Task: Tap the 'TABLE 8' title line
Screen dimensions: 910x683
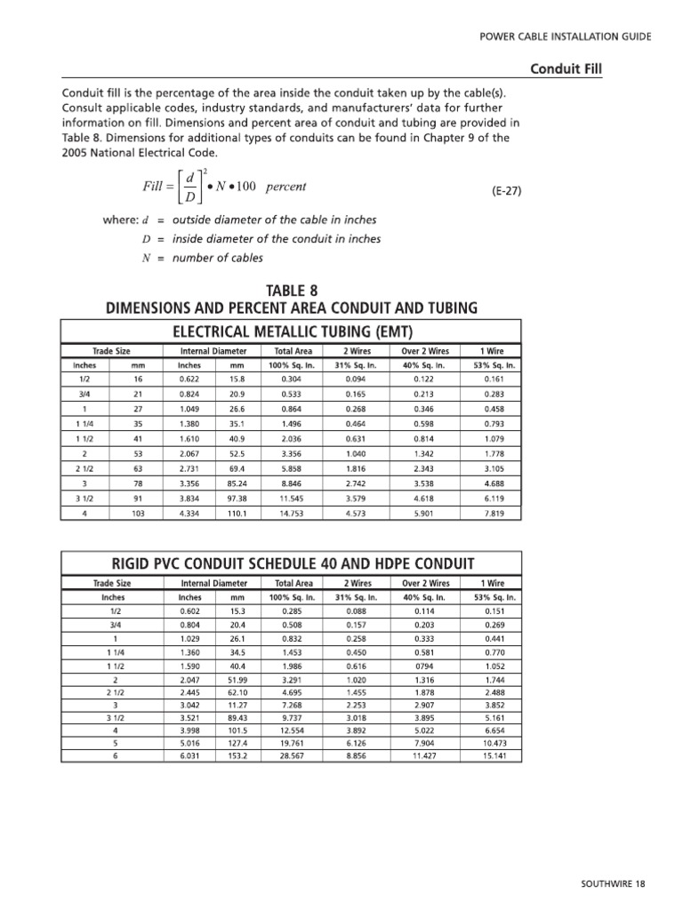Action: coord(291,291)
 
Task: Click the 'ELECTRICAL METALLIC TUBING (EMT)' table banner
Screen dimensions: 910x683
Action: coord(291,331)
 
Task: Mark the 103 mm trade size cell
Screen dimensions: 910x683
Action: coord(138,514)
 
